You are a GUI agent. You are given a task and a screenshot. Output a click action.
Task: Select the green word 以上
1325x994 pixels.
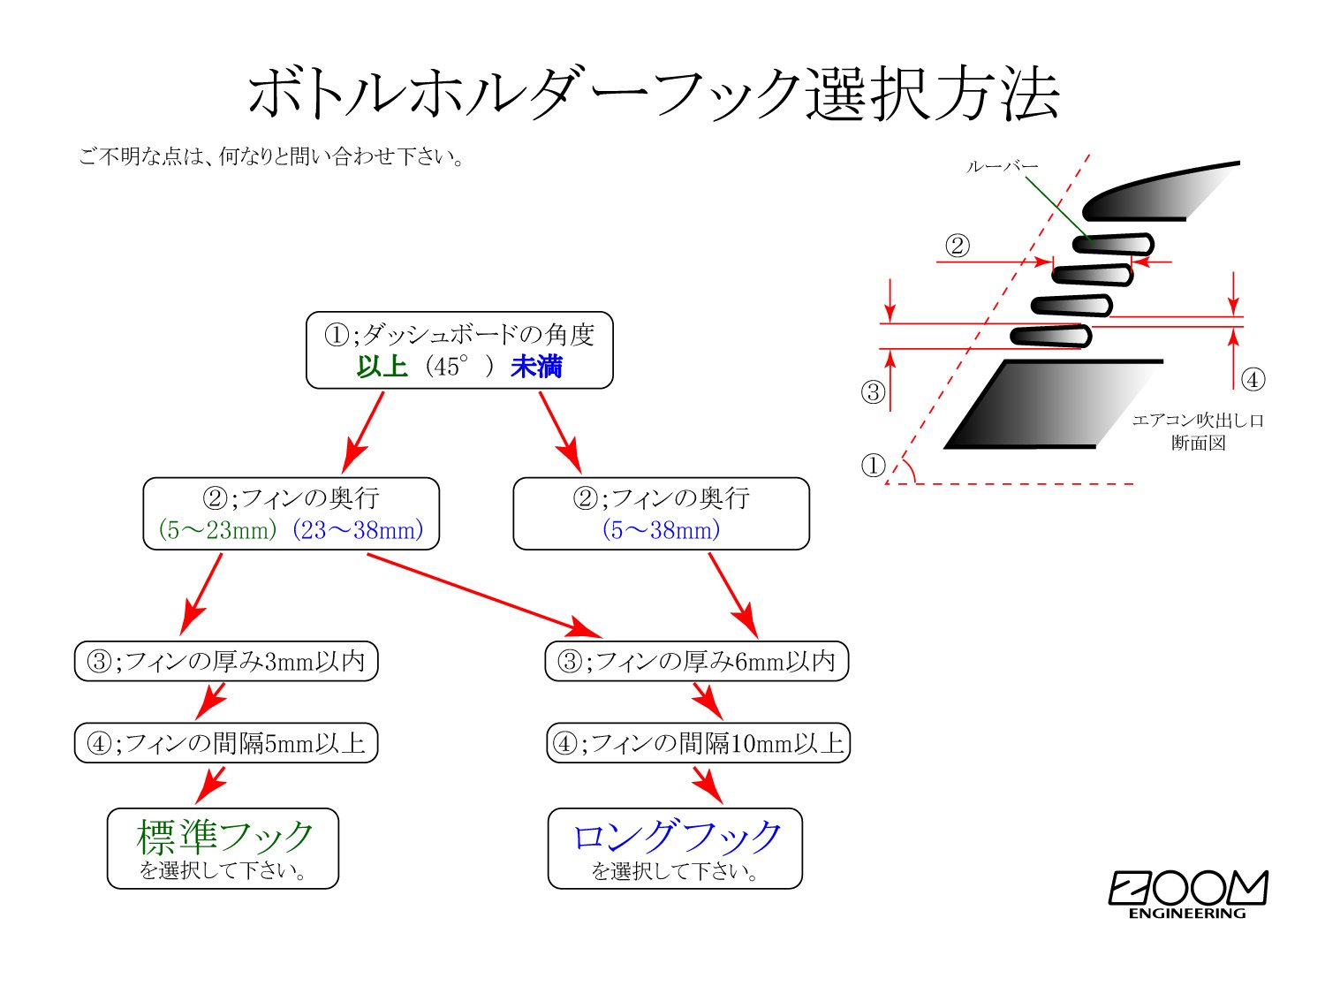[x=382, y=366]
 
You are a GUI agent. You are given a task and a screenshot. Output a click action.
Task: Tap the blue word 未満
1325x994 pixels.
[x=536, y=366]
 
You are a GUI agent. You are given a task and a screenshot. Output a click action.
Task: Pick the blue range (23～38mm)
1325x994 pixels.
[x=358, y=530]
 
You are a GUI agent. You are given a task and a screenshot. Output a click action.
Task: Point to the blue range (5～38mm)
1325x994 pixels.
[x=661, y=530]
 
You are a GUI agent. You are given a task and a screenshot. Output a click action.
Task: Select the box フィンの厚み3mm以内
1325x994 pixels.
[x=226, y=661]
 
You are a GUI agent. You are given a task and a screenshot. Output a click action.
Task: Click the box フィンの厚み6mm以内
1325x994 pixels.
[x=697, y=661]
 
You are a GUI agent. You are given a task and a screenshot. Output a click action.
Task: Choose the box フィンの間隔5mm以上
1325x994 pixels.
[x=226, y=743]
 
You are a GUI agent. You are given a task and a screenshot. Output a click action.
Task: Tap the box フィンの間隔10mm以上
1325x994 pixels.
[x=698, y=743]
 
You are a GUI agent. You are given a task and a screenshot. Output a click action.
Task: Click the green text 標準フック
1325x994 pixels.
[x=225, y=835]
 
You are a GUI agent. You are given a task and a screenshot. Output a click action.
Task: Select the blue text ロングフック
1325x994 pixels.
[x=677, y=836]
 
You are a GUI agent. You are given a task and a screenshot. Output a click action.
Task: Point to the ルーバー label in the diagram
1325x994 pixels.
[x=1002, y=167]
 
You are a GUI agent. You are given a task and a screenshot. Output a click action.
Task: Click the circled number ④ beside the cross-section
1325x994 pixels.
[x=1253, y=380]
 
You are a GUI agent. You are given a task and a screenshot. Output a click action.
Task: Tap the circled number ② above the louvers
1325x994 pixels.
[x=958, y=246]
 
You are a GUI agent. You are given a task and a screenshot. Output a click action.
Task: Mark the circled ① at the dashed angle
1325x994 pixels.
[x=873, y=465]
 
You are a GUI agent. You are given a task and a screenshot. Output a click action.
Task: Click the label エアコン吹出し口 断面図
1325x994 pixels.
[x=1198, y=432]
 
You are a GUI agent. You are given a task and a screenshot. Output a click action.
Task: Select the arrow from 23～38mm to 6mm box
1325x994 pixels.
[x=483, y=595]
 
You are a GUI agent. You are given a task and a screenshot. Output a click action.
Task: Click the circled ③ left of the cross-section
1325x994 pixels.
[x=873, y=392]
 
